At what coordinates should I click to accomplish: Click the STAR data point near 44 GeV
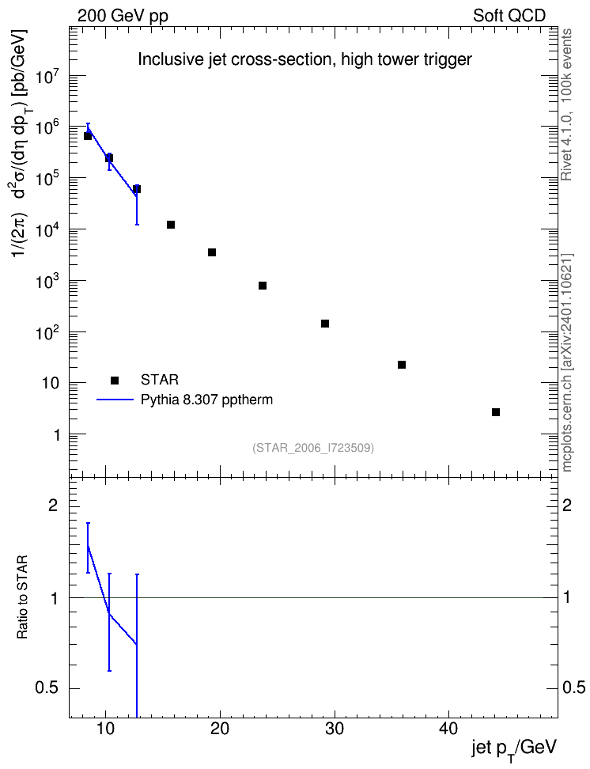496,412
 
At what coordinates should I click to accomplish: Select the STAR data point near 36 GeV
402,365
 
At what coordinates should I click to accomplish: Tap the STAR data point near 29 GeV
325,324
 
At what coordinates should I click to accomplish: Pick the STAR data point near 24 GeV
263,286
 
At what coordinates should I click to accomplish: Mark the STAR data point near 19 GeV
212,252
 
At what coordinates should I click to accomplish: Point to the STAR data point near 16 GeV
171,225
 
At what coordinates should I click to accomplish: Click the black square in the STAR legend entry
115,380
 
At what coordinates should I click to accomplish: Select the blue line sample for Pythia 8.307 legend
115,400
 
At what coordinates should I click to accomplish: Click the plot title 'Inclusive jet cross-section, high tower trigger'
304,59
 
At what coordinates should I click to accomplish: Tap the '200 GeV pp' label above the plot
123,16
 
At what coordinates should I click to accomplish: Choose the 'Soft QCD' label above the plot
509,16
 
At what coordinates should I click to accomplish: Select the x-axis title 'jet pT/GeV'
514,749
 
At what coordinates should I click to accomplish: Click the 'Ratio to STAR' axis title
22,597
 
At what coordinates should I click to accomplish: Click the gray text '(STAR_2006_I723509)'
313,448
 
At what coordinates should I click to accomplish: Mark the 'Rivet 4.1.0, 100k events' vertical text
566,104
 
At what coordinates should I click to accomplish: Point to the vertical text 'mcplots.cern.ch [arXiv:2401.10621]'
566,362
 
